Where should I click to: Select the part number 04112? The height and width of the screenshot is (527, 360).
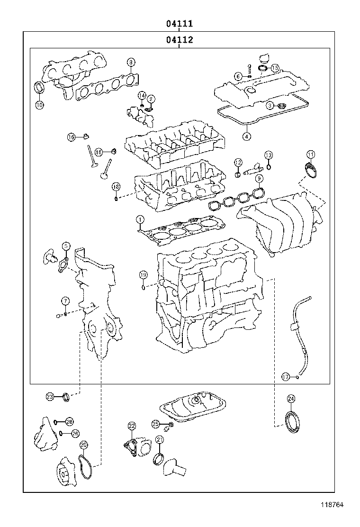[179, 40]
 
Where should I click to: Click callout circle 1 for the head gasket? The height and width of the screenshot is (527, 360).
[140, 219]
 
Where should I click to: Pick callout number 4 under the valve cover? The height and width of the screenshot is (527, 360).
[246, 136]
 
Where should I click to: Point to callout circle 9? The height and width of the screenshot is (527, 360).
[259, 179]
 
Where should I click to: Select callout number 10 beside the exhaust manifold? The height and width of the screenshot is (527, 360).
[39, 105]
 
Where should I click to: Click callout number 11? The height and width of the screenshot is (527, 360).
[310, 154]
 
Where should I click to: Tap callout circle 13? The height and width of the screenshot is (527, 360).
[268, 155]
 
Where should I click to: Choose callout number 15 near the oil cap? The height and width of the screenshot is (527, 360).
[275, 68]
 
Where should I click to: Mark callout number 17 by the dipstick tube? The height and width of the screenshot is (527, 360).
[285, 377]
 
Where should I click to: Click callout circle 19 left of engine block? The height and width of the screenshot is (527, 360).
[143, 275]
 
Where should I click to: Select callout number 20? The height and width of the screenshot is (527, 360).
[83, 445]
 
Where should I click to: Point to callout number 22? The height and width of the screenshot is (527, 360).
[132, 426]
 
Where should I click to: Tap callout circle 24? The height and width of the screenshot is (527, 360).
[291, 398]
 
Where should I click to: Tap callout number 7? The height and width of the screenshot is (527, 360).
[65, 301]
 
